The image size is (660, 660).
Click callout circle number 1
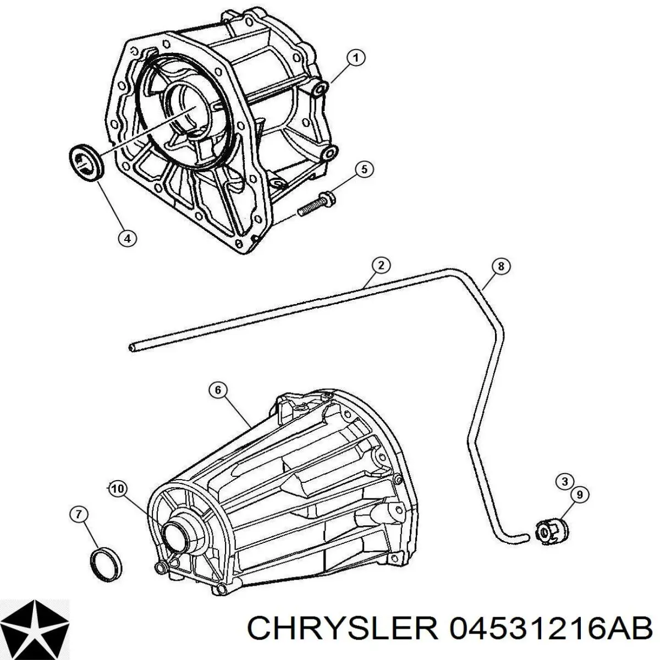click(356, 58)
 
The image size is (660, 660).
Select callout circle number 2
click(381, 266)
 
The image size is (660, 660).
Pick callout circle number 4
click(128, 238)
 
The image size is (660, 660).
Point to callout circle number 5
click(364, 169)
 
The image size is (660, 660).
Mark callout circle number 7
click(79, 524)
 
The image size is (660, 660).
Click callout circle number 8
click(501, 266)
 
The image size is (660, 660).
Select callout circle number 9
click(580, 494)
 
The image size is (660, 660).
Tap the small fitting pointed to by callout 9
click(551, 540)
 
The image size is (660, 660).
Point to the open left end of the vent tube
click(131, 348)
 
